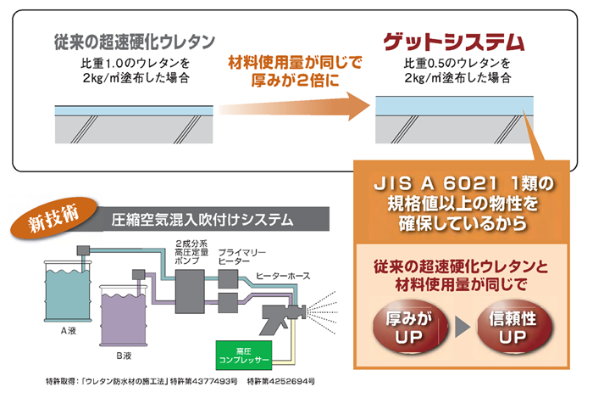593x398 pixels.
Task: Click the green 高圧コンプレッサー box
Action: pos(245,355)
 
